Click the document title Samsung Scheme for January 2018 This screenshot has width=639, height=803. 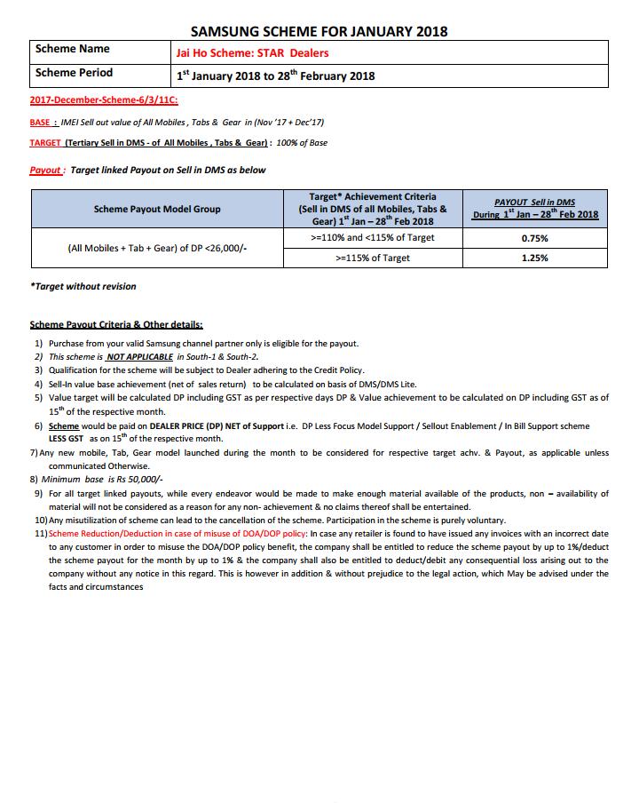319,31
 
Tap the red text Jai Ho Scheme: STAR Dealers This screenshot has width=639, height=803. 252,53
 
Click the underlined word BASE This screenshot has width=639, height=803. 43,123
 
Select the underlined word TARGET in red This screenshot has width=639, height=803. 45,143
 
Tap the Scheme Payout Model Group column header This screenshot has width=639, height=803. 157,209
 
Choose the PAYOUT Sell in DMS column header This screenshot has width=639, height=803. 535,209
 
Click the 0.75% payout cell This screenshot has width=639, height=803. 535,238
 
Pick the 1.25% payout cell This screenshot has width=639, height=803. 535,258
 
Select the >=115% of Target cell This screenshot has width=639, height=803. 373,258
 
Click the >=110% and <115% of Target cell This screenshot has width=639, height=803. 373,238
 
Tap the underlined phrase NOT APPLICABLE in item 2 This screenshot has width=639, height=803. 140,357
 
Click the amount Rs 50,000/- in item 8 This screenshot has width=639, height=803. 141,480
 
